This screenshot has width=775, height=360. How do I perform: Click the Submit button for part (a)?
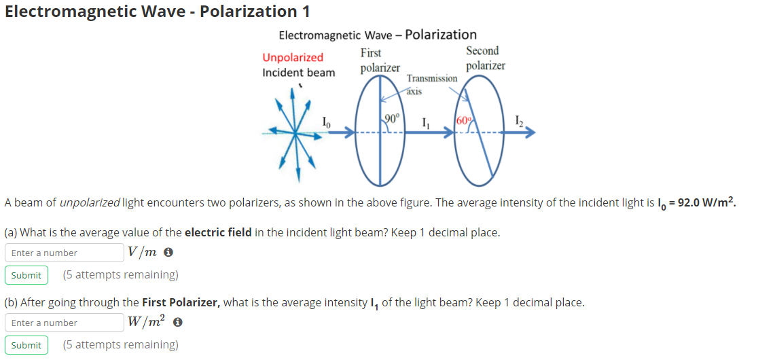click(26, 275)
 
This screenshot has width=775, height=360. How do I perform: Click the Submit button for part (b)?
click(26, 345)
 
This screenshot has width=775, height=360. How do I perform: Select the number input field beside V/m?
click(65, 253)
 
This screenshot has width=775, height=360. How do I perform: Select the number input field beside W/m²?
click(65, 323)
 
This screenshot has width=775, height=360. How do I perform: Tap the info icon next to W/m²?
click(178, 323)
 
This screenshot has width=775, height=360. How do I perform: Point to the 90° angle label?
click(393, 119)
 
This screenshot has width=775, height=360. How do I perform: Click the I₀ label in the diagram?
click(327, 122)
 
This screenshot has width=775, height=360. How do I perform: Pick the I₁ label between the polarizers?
click(425, 123)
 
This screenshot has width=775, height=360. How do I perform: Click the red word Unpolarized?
click(293, 57)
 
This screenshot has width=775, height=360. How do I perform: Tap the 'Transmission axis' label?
click(431, 84)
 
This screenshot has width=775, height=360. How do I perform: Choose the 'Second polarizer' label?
click(485, 58)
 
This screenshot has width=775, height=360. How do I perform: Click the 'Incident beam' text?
click(298, 73)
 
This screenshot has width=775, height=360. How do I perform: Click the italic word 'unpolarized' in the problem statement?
click(90, 202)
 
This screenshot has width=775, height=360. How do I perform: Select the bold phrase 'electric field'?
click(218, 232)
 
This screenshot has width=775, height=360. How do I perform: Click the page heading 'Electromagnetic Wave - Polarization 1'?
click(151, 11)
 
